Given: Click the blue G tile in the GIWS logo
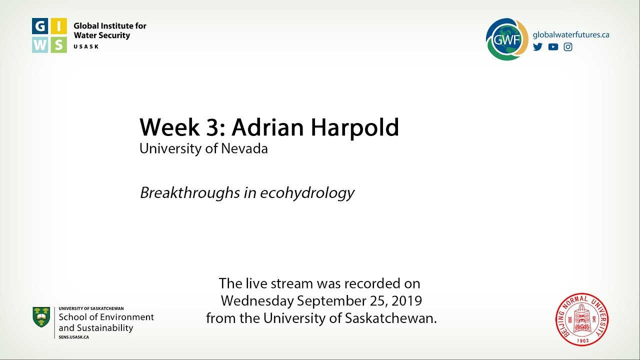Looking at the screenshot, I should pos(40,26).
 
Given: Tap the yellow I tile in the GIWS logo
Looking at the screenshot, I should pos(58,26).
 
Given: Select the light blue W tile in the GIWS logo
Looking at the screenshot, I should pos(40,44).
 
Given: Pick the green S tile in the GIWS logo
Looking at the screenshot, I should pos(58,44).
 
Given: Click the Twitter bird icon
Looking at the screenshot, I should pos(537,47).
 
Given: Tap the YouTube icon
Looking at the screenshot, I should pos(553,47).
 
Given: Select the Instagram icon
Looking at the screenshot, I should pos(568,47).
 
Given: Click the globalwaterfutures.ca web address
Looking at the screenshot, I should pos(571,34).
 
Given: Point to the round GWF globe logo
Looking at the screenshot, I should pos(506,39).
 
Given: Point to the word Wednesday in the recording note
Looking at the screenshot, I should pos(257,301).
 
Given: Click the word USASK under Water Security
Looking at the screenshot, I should pos(86,46).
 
